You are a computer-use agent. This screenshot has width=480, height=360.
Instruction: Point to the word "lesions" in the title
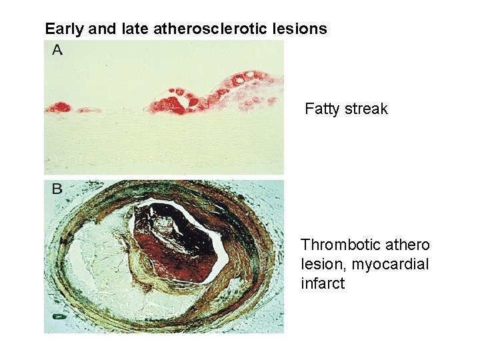299,29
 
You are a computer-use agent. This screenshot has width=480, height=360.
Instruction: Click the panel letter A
57,50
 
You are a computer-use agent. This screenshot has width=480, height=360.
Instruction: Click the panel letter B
57,189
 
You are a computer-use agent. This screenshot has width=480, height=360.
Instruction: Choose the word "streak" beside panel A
366,109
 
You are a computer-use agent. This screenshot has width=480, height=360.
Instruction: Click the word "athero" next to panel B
405,245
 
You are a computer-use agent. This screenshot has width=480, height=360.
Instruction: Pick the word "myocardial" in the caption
389,264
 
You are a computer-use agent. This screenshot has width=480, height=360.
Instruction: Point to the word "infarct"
323,283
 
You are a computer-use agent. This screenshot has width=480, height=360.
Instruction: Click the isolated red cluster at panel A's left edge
59,107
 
